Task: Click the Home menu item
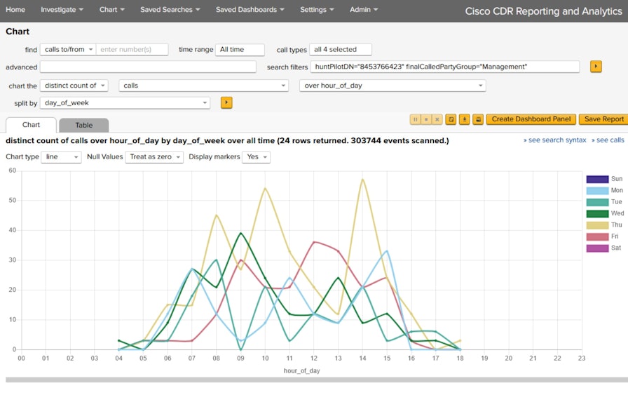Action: (15, 10)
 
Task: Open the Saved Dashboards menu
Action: (250, 10)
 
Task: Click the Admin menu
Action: (363, 10)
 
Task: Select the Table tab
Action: (83, 125)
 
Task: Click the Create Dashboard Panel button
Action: (531, 119)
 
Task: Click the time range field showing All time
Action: (240, 50)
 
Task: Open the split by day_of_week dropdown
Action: (125, 102)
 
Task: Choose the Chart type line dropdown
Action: (61, 157)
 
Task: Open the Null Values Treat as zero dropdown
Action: (153, 157)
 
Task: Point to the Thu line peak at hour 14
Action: (362, 180)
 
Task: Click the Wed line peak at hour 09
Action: (240, 234)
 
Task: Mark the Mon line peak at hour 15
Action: (387, 251)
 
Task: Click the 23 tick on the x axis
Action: (581, 358)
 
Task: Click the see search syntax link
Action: (554, 140)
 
